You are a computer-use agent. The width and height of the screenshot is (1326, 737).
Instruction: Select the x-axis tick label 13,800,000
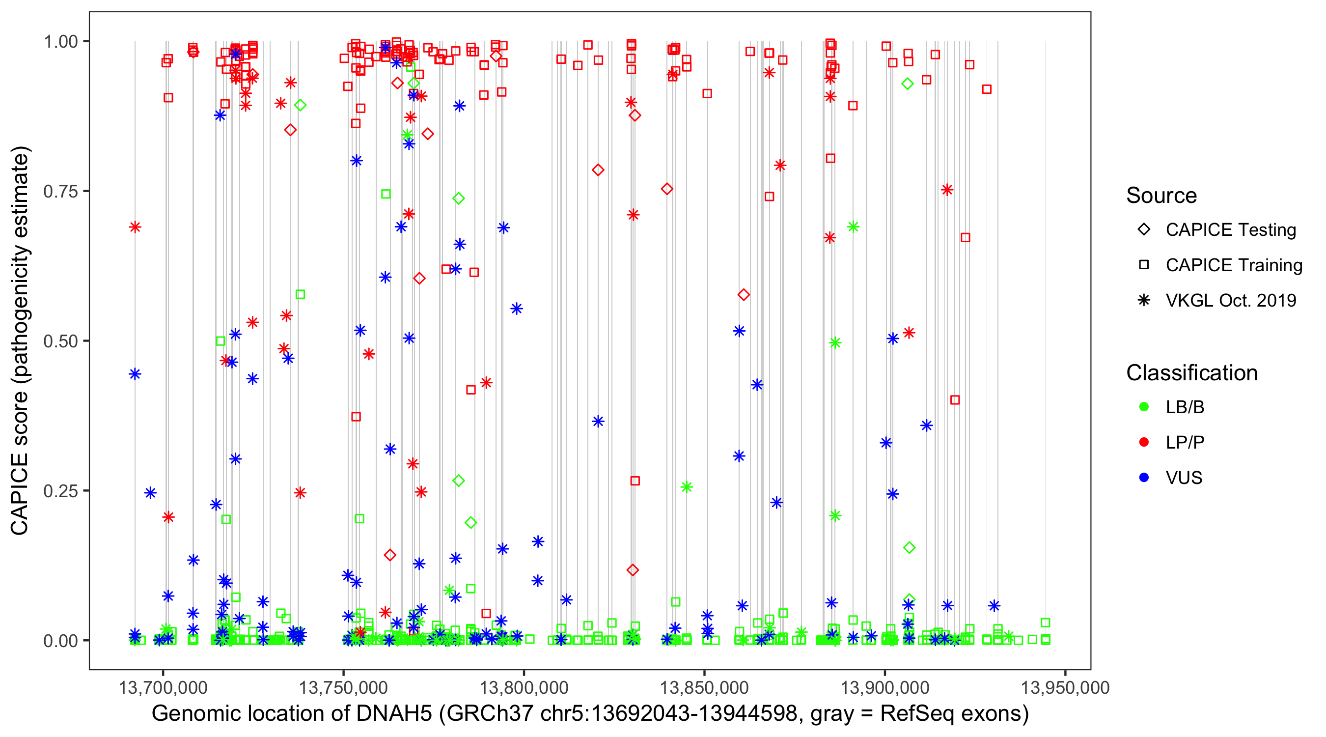[524, 687]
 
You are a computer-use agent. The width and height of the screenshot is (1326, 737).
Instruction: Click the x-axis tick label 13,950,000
[1065, 687]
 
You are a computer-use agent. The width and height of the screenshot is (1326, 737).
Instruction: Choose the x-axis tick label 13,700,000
[163, 687]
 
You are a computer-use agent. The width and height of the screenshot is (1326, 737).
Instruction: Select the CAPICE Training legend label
[1234, 265]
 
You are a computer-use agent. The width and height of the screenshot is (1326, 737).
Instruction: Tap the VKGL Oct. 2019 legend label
[1231, 301]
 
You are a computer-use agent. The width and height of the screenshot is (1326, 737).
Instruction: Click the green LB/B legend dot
[1144, 407]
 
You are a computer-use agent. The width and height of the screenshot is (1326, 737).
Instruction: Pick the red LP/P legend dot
[1144, 442]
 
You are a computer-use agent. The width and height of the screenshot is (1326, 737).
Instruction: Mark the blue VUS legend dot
[1144, 478]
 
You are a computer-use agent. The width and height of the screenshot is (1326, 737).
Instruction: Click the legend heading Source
[1161, 196]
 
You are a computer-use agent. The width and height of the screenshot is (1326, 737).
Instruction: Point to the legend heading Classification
[1191, 373]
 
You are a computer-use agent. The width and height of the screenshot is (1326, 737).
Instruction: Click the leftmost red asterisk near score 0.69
[135, 227]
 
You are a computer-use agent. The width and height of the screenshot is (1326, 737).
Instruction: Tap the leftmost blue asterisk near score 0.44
[135, 374]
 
